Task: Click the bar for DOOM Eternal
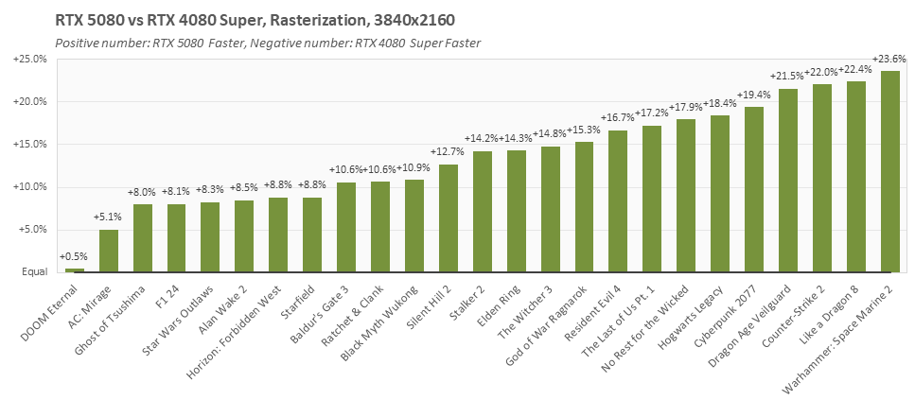click(75, 270)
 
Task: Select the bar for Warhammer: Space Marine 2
click(889, 171)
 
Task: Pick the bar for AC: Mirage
click(109, 251)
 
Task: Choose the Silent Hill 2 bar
click(449, 218)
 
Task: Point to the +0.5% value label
click(75, 256)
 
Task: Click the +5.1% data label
click(109, 217)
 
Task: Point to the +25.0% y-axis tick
click(30, 59)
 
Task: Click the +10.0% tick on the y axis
click(30, 187)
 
